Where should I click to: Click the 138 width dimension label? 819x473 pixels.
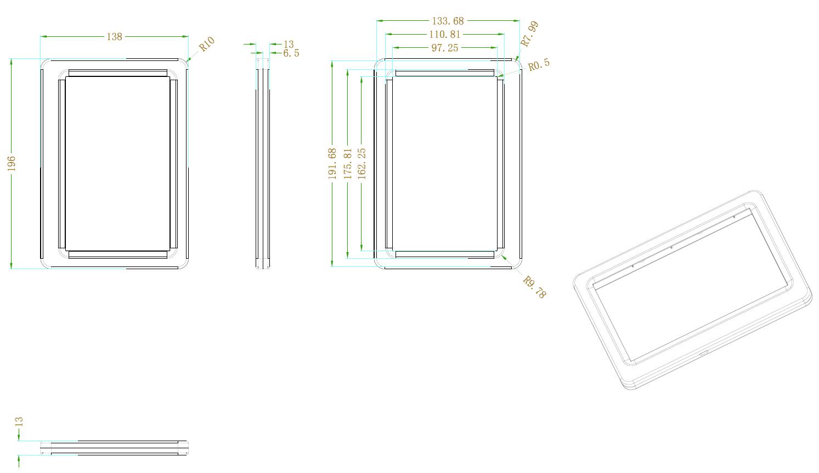(115, 37)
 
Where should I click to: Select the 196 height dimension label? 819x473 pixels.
(12, 164)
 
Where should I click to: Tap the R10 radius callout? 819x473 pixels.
(207, 44)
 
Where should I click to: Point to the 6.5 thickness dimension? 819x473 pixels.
(291, 53)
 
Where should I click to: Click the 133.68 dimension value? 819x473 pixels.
(448, 21)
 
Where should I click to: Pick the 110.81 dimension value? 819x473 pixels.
(444, 35)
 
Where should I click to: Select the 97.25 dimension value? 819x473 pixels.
(444, 48)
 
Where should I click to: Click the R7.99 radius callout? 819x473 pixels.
(530, 34)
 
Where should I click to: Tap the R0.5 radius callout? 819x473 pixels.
(539, 64)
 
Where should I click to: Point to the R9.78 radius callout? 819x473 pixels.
(534, 287)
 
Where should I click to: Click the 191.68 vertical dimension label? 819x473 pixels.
(332, 164)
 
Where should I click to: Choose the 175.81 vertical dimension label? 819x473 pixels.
(348, 164)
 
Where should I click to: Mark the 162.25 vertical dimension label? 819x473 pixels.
(362, 164)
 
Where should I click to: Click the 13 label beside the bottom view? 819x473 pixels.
(19, 422)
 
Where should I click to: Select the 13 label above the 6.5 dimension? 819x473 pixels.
(289, 44)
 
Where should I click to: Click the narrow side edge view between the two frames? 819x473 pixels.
(263, 164)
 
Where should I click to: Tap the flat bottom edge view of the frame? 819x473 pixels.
(115, 448)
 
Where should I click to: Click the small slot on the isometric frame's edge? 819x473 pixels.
(704, 353)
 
